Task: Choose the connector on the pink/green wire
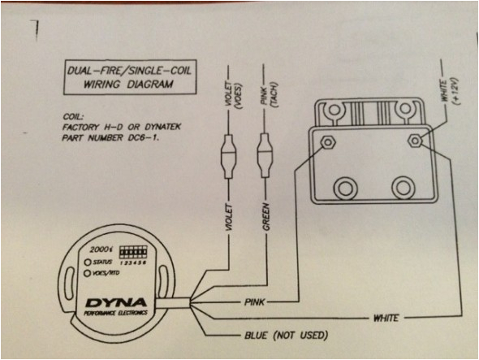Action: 264,151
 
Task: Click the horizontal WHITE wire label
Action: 385,319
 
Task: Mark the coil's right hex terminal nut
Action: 415,140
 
